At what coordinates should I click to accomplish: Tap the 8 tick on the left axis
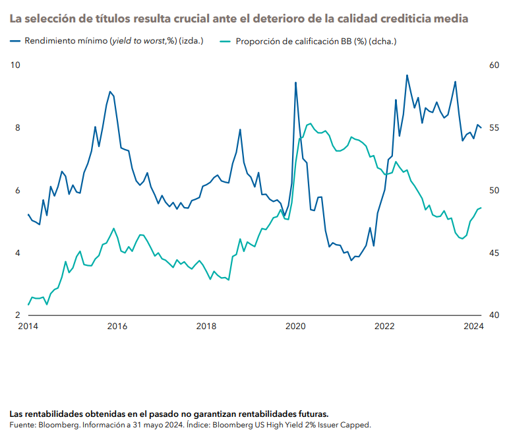[x=17, y=128]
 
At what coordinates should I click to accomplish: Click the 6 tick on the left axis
[x=17, y=191]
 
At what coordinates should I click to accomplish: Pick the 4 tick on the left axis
[x=17, y=253]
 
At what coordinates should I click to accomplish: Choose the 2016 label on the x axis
[x=117, y=327]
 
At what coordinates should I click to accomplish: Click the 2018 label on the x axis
[x=206, y=327]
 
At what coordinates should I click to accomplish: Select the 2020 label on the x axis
[x=295, y=327]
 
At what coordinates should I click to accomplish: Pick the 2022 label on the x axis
[x=384, y=327]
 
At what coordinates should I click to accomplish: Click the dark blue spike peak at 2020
[x=295, y=82]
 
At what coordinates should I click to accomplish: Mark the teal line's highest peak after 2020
[x=310, y=123]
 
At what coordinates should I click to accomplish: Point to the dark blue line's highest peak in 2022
[x=407, y=75]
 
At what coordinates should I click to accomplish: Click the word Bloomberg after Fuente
[x=57, y=425]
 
